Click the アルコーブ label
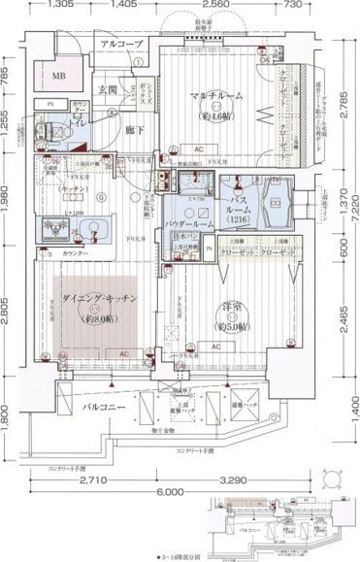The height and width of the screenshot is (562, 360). [120, 45]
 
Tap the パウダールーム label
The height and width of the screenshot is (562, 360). [196, 221]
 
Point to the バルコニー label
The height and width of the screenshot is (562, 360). [103, 408]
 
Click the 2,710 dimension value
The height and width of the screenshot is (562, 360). [91, 480]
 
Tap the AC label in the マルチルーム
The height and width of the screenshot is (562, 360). [197, 149]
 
